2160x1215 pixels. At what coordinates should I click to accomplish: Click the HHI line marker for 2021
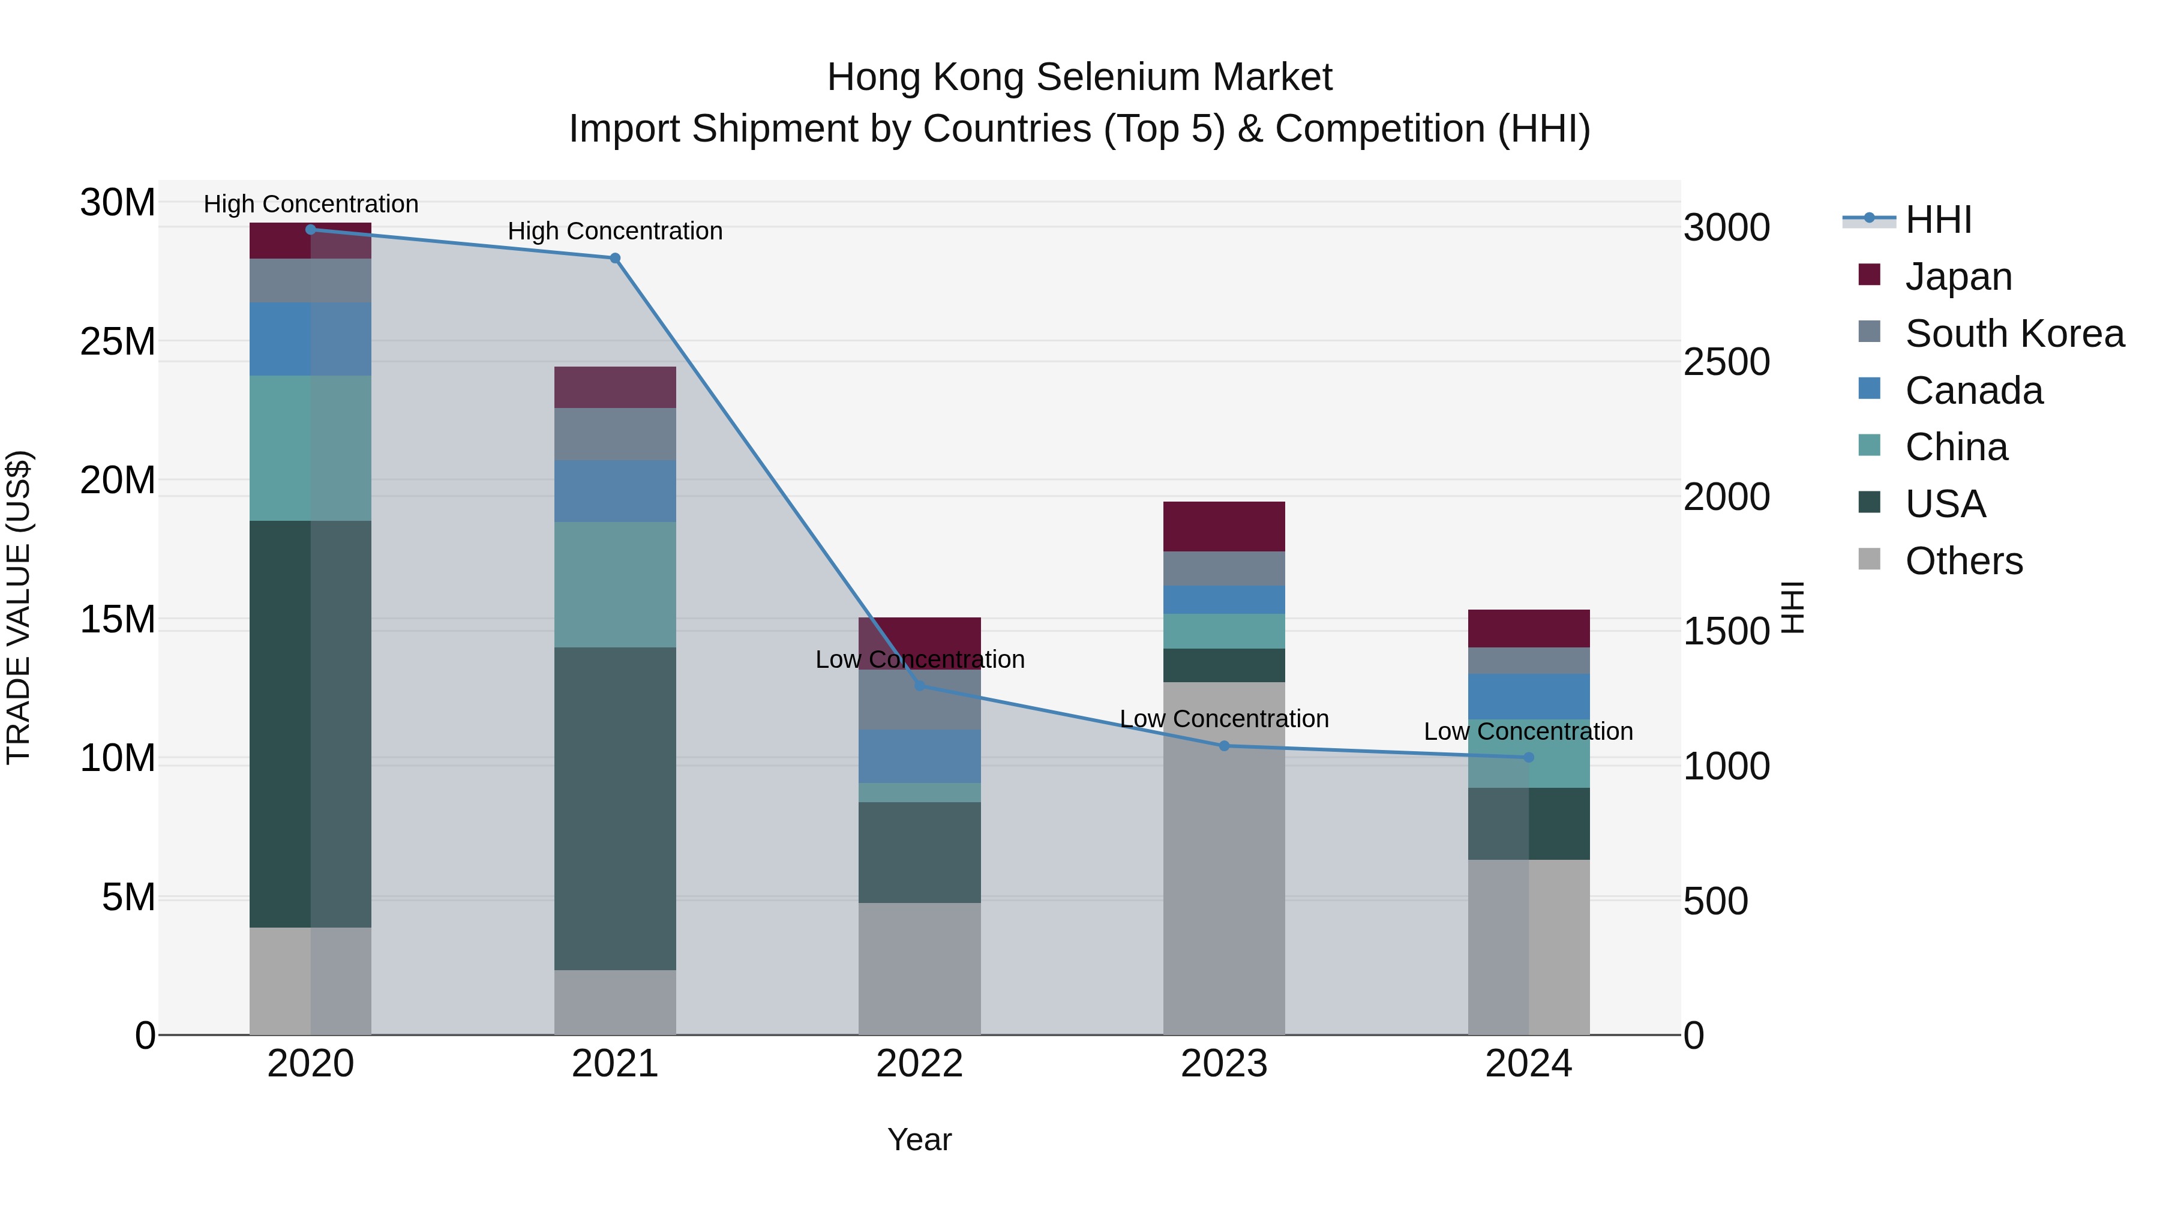click(x=614, y=258)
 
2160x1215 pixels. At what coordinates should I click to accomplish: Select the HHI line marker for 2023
click(x=1223, y=745)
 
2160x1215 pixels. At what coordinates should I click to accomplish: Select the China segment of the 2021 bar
click(x=614, y=584)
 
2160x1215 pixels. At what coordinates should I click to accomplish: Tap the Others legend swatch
click(x=1869, y=559)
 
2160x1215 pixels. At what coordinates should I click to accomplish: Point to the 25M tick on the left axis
click(x=118, y=341)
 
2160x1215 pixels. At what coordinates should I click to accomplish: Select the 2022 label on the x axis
click(x=919, y=1064)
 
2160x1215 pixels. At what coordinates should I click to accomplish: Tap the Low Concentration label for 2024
click(x=1528, y=731)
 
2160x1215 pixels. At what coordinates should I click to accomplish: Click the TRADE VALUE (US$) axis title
click(x=19, y=607)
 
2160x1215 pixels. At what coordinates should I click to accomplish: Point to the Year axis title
click(x=919, y=1139)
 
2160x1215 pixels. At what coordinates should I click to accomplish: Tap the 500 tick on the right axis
click(x=1715, y=901)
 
